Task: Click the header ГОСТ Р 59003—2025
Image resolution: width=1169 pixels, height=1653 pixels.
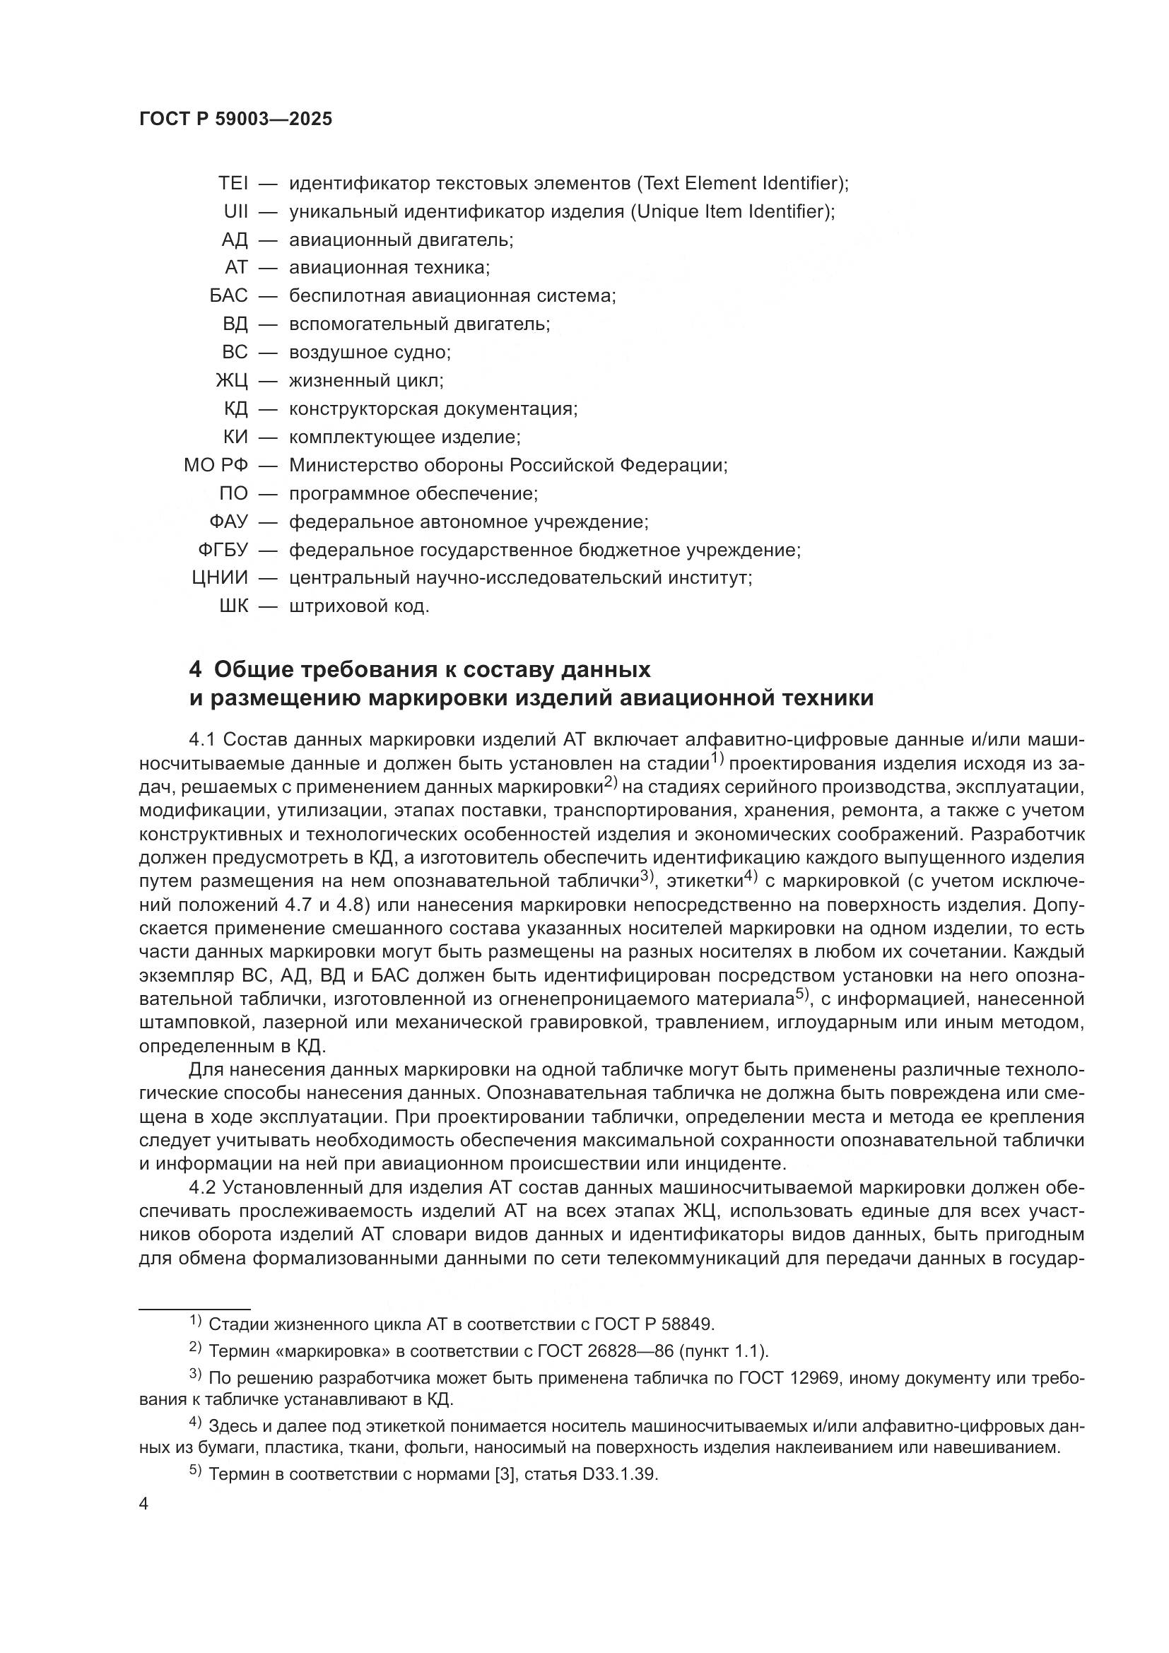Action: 235,119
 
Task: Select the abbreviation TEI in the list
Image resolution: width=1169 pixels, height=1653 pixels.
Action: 233,184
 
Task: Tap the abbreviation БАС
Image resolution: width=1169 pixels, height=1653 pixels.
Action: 228,296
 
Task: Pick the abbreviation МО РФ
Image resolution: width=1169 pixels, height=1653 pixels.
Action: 216,466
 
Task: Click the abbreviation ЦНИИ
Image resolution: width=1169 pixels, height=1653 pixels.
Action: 220,578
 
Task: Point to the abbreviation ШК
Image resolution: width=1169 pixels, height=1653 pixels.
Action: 233,607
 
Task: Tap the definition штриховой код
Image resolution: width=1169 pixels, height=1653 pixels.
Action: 359,607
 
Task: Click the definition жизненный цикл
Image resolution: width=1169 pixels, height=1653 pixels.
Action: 365,381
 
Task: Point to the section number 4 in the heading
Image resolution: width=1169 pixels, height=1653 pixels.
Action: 195,670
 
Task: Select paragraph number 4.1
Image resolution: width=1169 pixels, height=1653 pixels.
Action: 203,740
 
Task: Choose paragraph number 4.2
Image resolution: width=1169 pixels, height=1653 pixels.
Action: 203,1187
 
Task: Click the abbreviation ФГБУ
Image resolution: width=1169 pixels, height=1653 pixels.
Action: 223,550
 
